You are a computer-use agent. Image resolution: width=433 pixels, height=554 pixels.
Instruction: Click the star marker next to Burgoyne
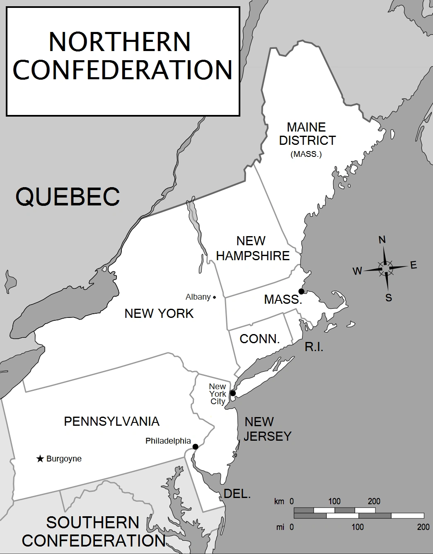point(40,459)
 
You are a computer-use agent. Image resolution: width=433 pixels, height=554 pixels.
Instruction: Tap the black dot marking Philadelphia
point(195,447)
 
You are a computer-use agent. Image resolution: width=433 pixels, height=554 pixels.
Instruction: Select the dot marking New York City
point(233,393)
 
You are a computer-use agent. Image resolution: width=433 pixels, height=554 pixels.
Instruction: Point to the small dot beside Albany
point(214,297)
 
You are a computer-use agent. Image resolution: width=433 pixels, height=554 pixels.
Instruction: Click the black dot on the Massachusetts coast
point(301,291)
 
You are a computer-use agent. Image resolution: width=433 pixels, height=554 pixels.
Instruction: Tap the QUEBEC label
point(68,196)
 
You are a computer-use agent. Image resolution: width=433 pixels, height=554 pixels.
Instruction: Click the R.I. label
point(314,347)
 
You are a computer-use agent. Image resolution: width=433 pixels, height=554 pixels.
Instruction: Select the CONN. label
point(260,339)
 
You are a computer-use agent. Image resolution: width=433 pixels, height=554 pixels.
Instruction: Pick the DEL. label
point(237,494)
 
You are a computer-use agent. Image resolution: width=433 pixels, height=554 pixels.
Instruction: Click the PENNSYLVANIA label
point(111,422)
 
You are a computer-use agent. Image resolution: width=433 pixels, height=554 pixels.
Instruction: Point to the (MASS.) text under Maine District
point(306,154)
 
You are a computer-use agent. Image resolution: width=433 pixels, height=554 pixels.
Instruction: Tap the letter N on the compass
point(382,240)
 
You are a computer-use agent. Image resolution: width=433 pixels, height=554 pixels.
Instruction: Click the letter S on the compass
point(389,298)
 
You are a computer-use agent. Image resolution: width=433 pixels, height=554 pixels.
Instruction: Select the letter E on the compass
point(413,266)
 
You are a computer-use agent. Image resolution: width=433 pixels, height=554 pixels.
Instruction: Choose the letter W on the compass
point(357,271)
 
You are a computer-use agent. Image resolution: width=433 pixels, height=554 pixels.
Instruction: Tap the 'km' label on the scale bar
point(279,501)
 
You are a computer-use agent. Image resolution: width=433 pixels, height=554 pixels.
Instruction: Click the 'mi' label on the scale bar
point(280,527)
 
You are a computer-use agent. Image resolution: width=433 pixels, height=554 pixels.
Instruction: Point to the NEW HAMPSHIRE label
point(252,248)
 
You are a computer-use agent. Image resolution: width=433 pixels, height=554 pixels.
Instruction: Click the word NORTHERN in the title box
point(120,41)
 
